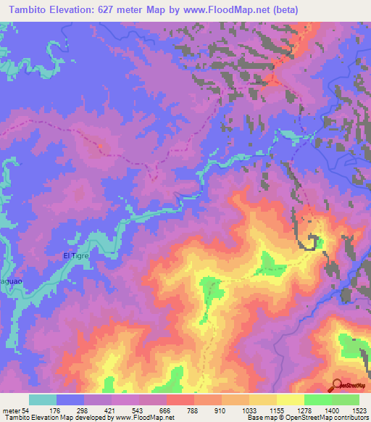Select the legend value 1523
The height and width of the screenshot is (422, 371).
[359, 410]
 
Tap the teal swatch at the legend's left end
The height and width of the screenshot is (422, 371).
[43, 400]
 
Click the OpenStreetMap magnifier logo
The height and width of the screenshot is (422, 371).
[338, 385]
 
